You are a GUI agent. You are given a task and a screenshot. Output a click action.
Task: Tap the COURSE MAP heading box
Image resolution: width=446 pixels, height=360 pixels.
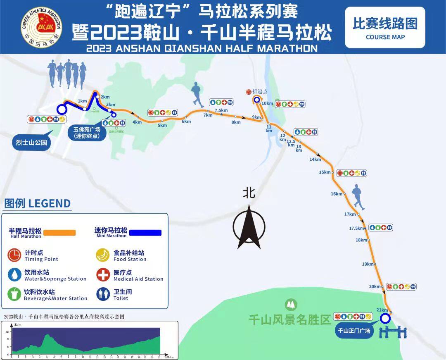pyautogui.click(x=385, y=27)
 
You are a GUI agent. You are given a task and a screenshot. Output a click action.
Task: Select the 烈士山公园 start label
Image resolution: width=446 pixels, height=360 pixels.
pyautogui.click(x=32, y=143)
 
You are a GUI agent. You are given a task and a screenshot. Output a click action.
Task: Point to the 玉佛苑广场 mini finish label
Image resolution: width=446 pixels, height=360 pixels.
pyautogui.click(x=87, y=132)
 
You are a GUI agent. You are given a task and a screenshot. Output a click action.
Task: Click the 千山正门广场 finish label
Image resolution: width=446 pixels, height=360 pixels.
pyautogui.click(x=354, y=330)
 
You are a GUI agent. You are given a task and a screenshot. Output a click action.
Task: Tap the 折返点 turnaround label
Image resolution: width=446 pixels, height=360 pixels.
pyautogui.click(x=260, y=91)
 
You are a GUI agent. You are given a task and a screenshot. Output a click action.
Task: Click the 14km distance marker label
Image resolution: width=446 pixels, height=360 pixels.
pyautogui.click(x=315, y=160)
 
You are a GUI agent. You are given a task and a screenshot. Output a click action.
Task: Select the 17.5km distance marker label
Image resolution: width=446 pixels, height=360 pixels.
pyautogui.click(x=356, y=228)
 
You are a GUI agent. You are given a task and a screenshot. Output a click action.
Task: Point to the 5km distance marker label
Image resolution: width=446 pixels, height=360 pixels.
pyautogui.click(x=162, y=126)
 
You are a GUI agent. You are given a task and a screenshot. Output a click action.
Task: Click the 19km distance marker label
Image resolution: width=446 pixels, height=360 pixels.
pyautogui.click(x=367, y=264)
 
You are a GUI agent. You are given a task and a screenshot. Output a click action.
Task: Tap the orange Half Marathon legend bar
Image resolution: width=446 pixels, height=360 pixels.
pyautogui.click(x=60, y=233)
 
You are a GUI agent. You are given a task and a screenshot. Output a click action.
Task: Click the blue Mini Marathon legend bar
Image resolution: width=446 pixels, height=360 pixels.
pyautogui.click(x=145, y=233)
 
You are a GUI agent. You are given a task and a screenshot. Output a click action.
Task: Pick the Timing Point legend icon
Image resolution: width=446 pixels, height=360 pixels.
pyautogui.click(x=14, y=255)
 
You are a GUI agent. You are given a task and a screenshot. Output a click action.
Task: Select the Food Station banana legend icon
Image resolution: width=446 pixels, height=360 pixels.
pyautogui.click(x=103, y=255)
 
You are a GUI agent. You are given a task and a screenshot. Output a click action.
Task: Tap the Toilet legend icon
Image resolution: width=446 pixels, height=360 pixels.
pyautogui.click(x=103, y=294)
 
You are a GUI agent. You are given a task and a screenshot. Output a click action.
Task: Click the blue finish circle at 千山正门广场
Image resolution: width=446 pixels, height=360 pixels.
pyautogui.click(x=385, y=319)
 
